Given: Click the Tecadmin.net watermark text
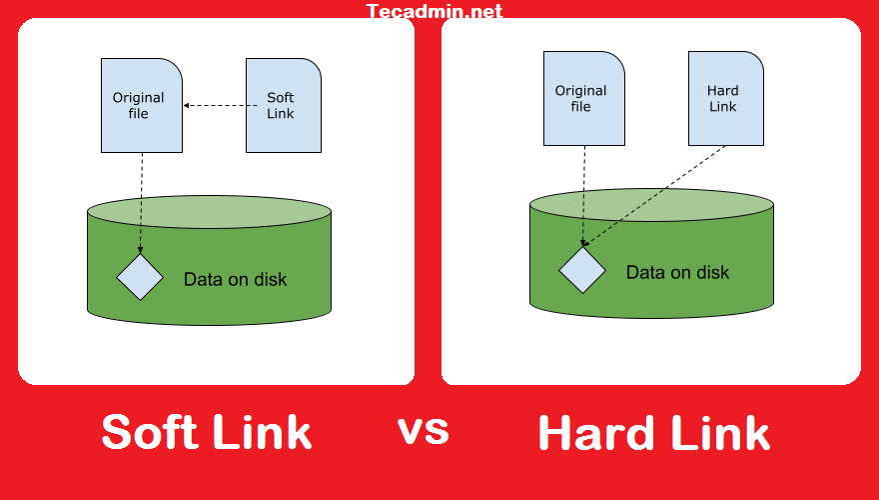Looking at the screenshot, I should (435, 12).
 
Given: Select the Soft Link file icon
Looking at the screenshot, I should (284, 105).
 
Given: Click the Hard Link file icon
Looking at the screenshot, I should (726, 98).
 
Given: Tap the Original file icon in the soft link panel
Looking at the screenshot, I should (142, 105).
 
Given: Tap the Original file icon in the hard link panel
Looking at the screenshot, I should (584, 98).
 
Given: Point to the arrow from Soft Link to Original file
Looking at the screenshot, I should (214, 105).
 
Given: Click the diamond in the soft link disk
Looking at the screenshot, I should (140, 277).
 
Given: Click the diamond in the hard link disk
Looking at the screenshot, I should (582, 270).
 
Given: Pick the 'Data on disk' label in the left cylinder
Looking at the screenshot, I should (235, 279).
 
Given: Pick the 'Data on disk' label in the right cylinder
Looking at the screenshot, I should (677, 272).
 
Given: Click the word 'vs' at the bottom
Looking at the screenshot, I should (424, 430).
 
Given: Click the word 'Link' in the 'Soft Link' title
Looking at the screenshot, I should (262, 433).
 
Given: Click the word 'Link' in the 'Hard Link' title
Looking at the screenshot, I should (717, 434).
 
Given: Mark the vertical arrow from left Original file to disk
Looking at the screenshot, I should (141, 200).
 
